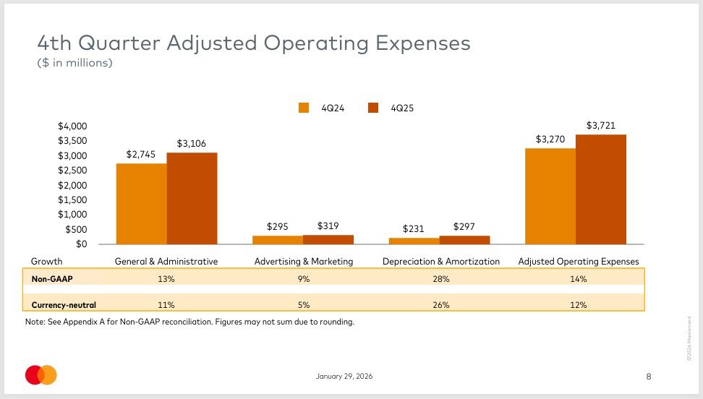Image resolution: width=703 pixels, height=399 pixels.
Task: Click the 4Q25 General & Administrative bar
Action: click(192, 198)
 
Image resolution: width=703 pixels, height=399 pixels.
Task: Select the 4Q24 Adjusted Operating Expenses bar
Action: click(550, 196)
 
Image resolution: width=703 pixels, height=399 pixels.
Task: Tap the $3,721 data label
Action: click(601, 126)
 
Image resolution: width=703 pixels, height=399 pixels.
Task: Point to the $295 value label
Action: click(277, 226)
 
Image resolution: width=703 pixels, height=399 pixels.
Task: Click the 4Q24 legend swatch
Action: click(304, 108)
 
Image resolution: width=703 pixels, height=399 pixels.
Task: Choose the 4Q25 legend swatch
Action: click(373, 108)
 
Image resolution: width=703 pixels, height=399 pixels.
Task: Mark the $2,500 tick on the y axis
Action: click(72, 171)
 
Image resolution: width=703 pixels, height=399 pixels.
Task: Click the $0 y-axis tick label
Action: click(81, 244)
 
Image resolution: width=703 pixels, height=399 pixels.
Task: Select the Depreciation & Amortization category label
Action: click(440, 262)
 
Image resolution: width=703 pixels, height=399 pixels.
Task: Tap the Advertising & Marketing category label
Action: click(304, 262)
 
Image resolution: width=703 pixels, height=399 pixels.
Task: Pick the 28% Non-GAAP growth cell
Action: click(440, 279)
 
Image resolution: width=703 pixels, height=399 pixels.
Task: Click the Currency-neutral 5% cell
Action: click(304, 305)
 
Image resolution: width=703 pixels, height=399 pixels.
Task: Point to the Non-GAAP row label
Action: click(52, 279)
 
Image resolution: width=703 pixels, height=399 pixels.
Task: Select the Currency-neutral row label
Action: click(64, 305)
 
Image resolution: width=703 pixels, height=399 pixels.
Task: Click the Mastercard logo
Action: click(41, 375)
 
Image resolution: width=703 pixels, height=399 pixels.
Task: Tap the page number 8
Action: click(648, 377)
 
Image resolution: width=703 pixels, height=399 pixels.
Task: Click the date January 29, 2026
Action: click(344, 376)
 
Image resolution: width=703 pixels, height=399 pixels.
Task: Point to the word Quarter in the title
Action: click(119, 43)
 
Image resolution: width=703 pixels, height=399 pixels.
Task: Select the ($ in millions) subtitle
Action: click(74, 63)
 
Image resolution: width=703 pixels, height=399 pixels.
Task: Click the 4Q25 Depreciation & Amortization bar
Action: click(464, 240)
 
